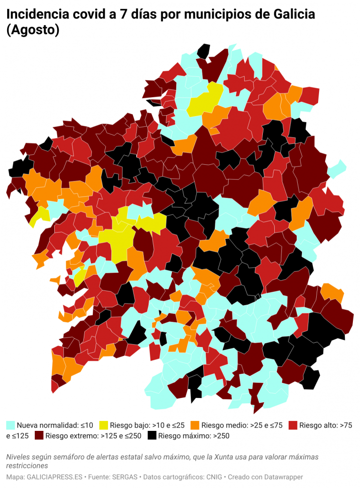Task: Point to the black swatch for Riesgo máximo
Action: [x=152, y=436]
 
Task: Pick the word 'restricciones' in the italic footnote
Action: [x=27, y=466]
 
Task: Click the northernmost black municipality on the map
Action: [x=204, y=50]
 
